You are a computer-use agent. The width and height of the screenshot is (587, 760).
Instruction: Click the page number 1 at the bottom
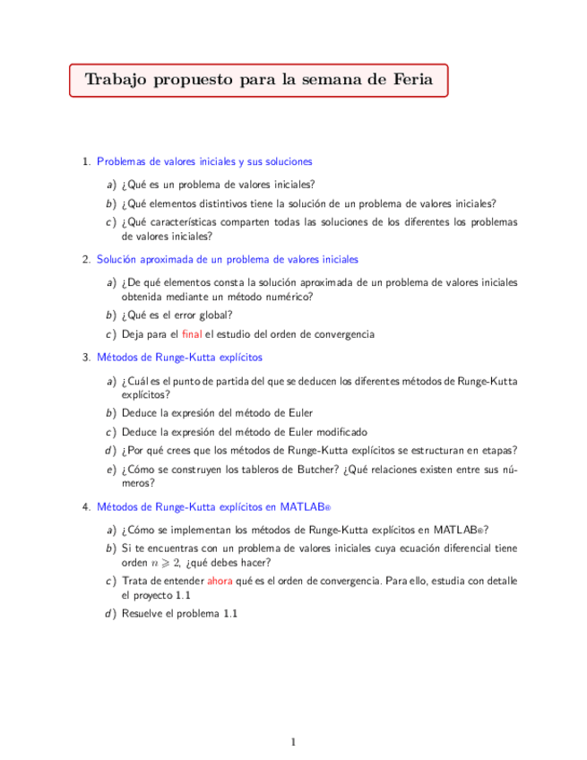[293, 741]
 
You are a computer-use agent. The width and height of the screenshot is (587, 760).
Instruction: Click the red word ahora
[220, 581]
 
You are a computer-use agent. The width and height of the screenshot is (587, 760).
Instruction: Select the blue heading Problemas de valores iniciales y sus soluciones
[204, 162]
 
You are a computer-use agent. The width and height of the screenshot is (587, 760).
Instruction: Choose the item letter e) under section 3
[109, 469]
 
